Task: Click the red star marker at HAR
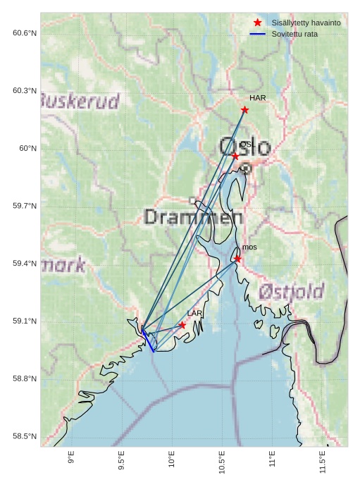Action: (x=244, y=109)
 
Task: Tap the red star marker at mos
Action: (x=237, y=259)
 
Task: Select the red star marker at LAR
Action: (x=182, y=325)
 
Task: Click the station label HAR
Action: (x=258, y=98)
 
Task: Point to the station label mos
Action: (x=249, y=247)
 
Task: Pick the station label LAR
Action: (x=194, y=313)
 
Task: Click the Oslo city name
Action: (x=244, y=147)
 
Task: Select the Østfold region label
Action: (x=291, y=291)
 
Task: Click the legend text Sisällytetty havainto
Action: (x=306, y=23)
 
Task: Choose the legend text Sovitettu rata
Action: (x=294, y=34)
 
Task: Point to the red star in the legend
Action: (x=257, y=23)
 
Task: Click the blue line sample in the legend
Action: (x=257, y=34)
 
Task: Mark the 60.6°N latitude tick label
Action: (x=25, y=33)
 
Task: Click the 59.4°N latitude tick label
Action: (x=25, y=264)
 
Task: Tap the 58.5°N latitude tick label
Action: (x=25, y=436)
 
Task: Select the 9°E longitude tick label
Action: (x=71, y=458)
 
